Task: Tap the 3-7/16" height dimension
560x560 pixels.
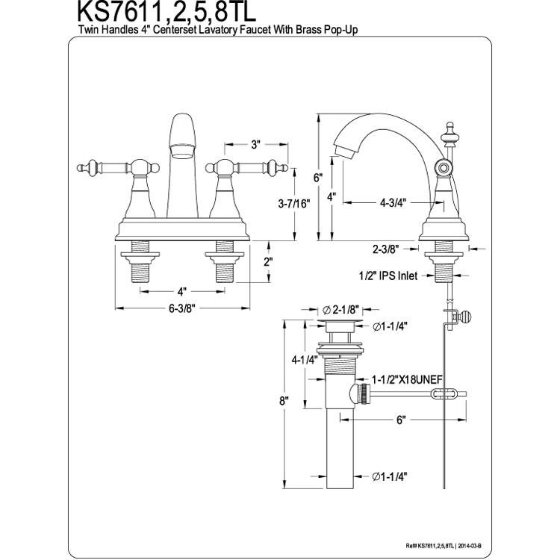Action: coord(294,204)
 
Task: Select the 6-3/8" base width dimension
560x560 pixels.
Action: coord(182,308)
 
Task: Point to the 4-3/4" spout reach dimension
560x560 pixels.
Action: coord(393,202)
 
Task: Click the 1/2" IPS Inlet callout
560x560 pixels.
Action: coord(388,276)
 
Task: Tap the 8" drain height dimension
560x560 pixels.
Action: coord(284,401)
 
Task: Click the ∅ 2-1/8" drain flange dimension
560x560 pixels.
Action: coord(340,310)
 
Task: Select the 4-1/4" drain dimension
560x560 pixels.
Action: coord(305,361)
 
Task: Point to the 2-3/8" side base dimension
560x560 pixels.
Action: coord(386,249)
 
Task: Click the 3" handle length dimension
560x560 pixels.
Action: coord(255,145)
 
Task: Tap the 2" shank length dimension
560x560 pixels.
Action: coord(268,262)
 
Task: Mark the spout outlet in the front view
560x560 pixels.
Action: coord(182,150)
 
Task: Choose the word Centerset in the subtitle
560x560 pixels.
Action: coord(174,30)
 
